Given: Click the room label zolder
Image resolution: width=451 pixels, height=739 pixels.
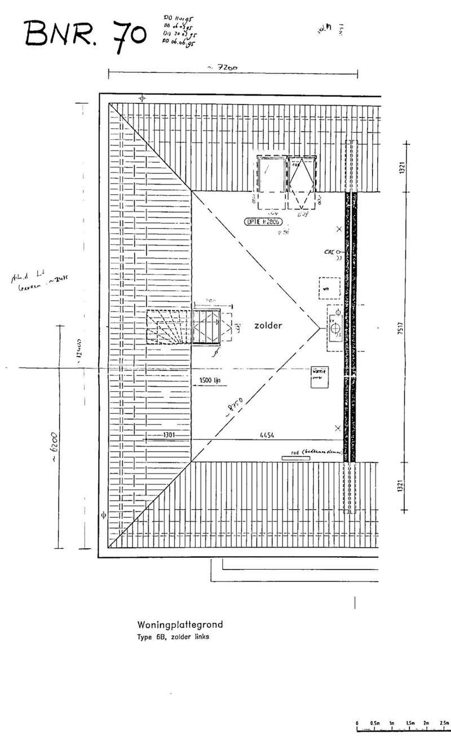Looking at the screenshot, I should click(268, 326).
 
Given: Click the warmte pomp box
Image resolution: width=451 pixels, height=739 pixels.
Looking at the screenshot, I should click(319, 377).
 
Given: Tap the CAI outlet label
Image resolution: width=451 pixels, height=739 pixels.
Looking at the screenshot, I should click(329, 252).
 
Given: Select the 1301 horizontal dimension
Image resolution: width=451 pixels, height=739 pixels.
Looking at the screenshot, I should click(168, 435).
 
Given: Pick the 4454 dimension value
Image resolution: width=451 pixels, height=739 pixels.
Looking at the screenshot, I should click(267, 435).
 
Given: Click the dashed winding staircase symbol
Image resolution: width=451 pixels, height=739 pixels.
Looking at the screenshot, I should click(169, 327).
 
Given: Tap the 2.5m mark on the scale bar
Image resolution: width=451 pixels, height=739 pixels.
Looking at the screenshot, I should click(444, 723).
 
